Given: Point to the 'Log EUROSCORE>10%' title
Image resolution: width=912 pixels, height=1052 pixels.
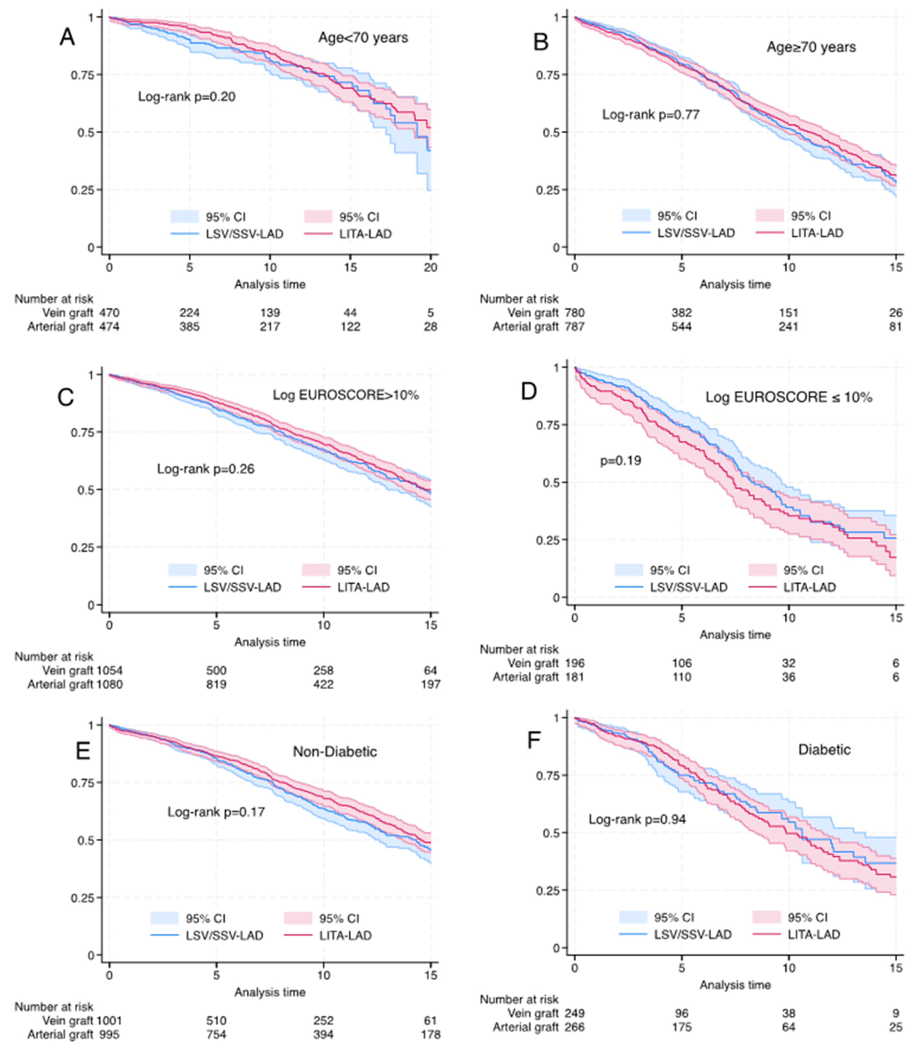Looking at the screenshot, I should [345, 395].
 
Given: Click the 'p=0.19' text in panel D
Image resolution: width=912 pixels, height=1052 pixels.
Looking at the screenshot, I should [620, 461].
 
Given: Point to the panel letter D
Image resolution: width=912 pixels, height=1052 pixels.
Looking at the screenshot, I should [529, 392].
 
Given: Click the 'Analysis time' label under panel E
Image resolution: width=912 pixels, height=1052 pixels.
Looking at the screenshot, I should [270, 992].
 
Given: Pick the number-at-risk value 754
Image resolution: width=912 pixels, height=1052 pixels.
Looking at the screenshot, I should [216, 1034].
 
